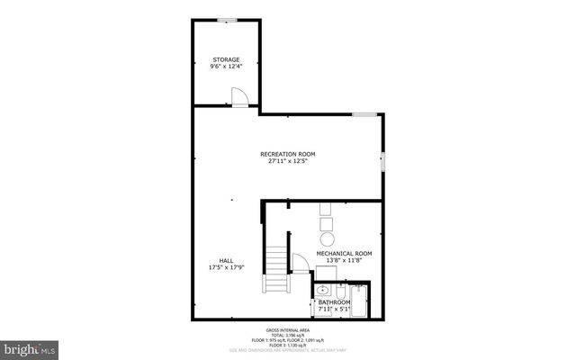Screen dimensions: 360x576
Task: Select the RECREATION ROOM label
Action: pos(288,154)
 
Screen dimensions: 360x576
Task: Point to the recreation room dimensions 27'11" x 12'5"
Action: pos(288,161)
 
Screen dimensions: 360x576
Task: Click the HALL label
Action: pos(213,260)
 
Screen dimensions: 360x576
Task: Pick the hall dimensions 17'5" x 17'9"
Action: pos(213,267)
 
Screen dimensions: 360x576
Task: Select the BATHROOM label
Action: pos(335,301)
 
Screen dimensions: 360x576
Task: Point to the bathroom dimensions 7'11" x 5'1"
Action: pos(334,309)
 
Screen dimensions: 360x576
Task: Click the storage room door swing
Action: pos(238,96)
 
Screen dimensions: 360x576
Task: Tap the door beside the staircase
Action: pos(301,263)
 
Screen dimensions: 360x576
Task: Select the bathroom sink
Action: pos(323,291)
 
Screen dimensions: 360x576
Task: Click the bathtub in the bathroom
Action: pos(358,301)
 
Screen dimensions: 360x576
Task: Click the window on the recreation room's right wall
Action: pos(382,162)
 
